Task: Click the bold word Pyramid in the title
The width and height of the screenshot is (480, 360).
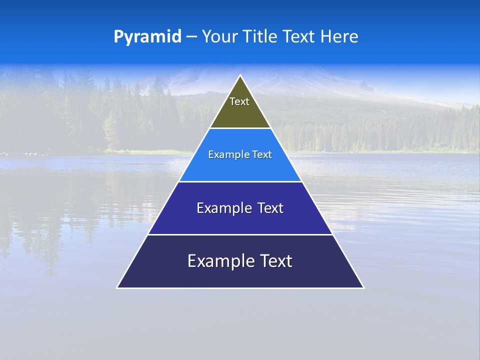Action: click(x=147, y=37)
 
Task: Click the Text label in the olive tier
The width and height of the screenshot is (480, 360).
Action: click(x=239, y=101)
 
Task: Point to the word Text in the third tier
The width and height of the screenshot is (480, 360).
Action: click(x=270, y=208)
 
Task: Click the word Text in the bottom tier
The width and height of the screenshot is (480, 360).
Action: click(x=275, y=261)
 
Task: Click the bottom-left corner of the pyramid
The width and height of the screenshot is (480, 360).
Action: click(x=117, y=287)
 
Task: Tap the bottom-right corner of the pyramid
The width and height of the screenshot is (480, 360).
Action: click(x=363, y=287)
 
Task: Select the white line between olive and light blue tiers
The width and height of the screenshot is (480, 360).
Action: click(x=240, y=128)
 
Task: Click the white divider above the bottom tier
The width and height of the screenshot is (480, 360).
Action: click(x=240, y=234)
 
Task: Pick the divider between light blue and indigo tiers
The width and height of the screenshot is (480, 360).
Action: click(x=240, y=181)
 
